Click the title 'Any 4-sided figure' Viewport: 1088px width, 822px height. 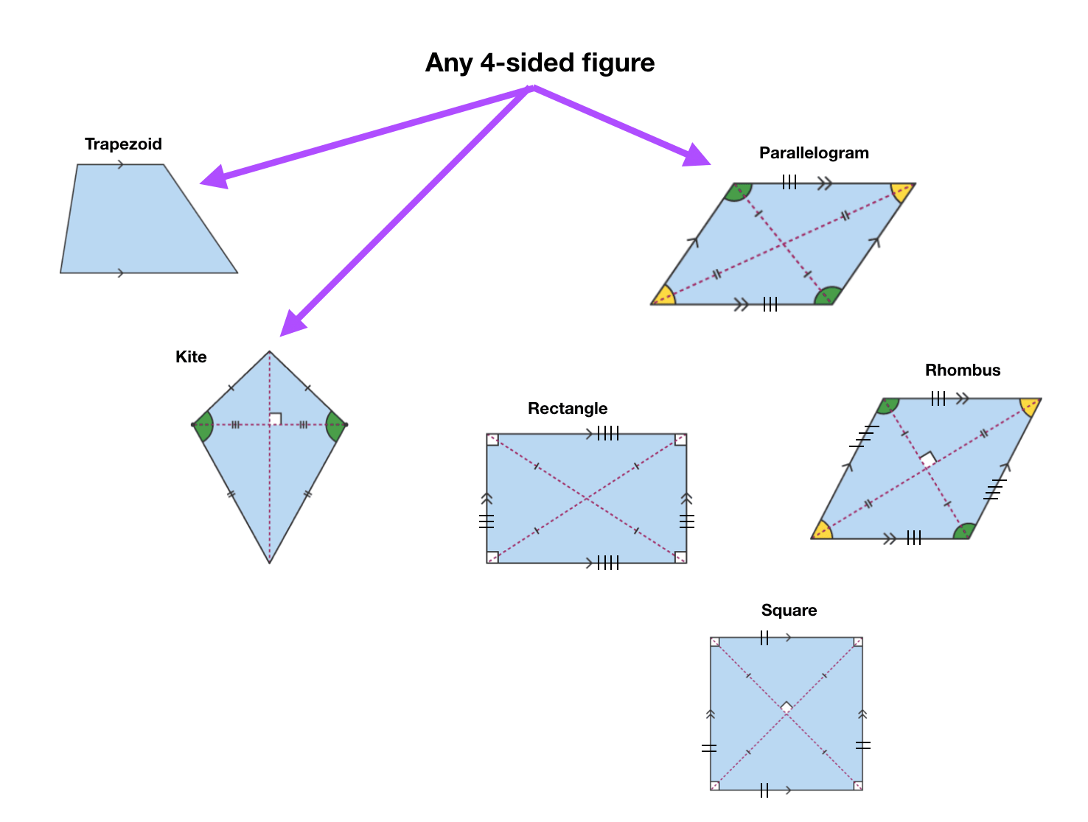pos(540,63)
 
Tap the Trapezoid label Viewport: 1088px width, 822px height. pos(123,144)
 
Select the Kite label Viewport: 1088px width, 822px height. pos(191,357)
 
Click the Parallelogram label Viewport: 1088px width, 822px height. pos(814,153)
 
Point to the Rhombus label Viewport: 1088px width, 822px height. pos(963,370)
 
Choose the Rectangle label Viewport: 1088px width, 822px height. pos(568,409)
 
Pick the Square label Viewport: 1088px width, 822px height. pos(789,611)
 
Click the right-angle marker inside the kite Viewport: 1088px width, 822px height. pos(275,419)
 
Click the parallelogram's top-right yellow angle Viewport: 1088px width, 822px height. pos(902,192)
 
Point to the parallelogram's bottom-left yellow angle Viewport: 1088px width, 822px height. pos(664,297)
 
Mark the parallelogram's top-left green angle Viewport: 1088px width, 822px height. pos(738,192)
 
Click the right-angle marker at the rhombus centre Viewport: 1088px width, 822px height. pos(927,459)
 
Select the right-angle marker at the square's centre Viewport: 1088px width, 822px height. pos(787,707)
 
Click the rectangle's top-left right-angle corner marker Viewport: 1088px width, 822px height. pos(492,440)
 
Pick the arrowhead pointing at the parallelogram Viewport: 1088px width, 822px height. pos(696,156)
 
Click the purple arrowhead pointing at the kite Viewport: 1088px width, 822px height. pos(293,323)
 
